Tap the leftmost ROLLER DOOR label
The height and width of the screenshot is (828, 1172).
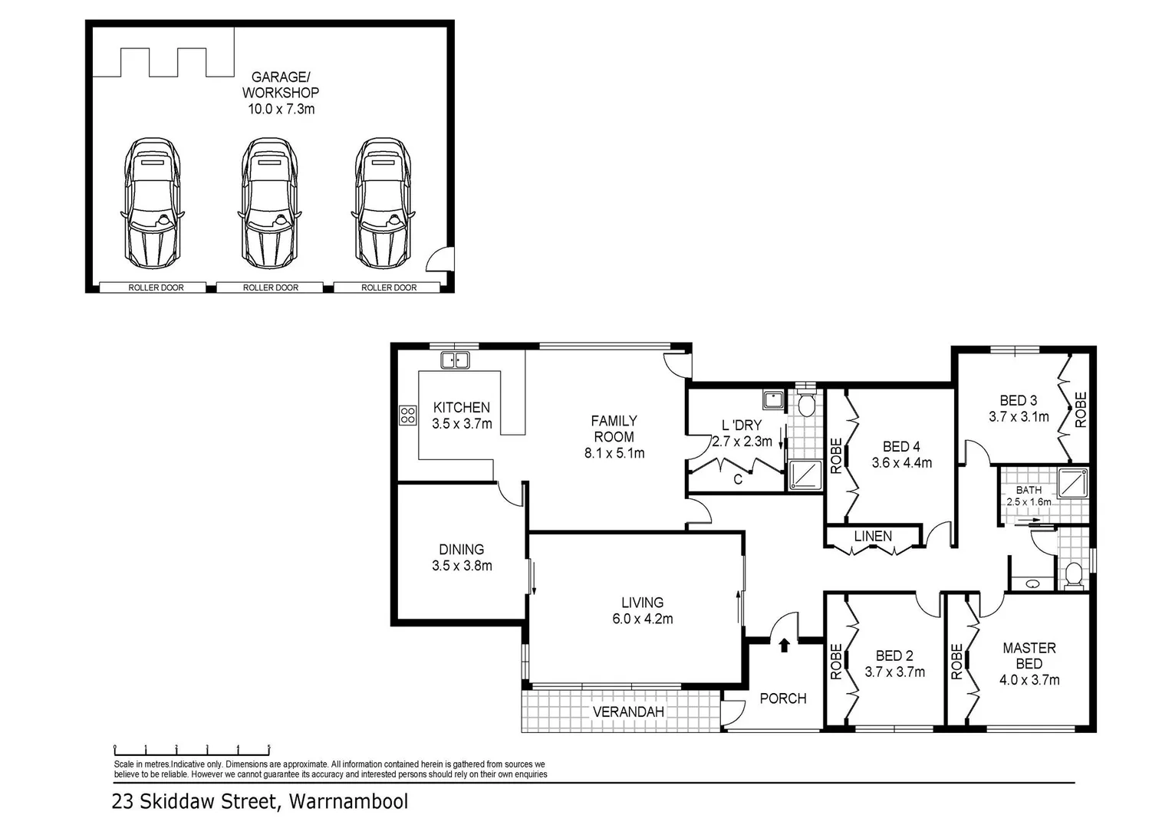(x=155, y=287)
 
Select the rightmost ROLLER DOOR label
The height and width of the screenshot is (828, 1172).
(x=389, y=287)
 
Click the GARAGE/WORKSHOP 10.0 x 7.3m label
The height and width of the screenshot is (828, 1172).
(x=281, y=93)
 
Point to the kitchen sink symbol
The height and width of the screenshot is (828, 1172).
(x=455, y=360)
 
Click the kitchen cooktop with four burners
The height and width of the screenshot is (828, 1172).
(x=407, y=416)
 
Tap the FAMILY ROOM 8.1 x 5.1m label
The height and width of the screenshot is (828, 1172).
(x=614, y=436)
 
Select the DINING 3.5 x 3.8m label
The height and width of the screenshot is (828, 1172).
(x=462, y=557)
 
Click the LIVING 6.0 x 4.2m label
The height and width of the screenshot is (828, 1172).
(x=642, y=610)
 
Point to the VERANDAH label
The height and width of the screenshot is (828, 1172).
(x=628, y=712)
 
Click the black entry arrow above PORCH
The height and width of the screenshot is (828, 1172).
(x=784, y=646)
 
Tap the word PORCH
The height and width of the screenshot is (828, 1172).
(x=782, y=698)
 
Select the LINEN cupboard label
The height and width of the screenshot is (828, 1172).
(x=873, y=536)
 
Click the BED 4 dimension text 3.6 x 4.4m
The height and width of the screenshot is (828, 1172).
(x=901, y=463)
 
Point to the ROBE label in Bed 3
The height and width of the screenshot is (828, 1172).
(x=1080, y=409)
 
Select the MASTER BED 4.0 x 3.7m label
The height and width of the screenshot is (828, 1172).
(x=1029, y=663)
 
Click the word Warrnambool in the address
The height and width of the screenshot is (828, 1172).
(x=349, y=802)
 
